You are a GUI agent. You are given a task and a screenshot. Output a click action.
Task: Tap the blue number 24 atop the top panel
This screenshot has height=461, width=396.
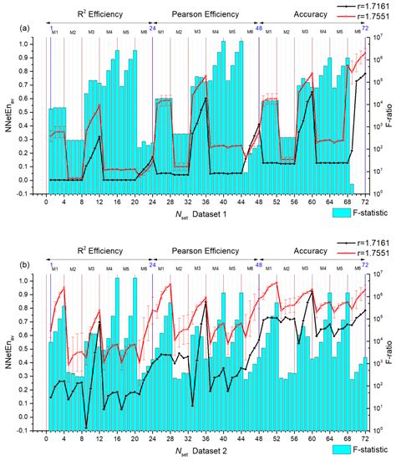point(152,28)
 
